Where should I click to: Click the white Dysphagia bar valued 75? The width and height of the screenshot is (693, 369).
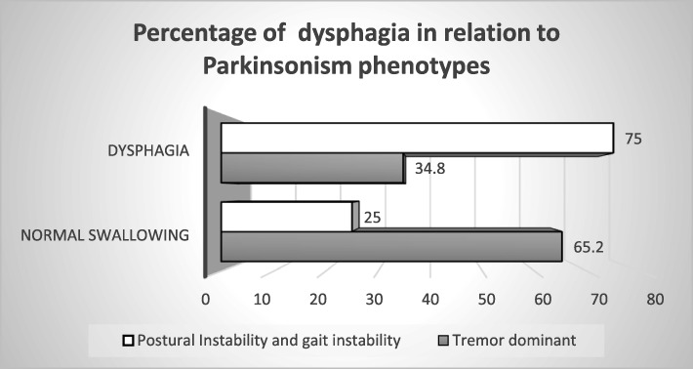point(417,138)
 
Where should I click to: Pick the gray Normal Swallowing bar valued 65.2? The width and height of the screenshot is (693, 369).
point(389,246)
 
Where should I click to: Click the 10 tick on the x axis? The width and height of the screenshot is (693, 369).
point(262,297)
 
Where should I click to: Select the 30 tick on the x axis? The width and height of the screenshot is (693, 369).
point(375,297)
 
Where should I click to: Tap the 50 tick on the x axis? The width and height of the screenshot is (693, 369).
point(489,297)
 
